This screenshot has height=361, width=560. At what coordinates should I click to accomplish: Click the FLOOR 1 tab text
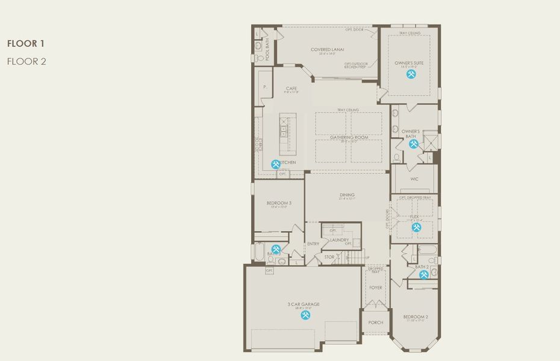point(25,43)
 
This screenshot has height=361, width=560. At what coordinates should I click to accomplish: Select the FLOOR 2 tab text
point(26,61)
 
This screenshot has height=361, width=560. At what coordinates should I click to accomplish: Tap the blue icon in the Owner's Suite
point(411,74)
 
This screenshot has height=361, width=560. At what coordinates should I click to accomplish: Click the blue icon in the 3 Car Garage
point(306,315)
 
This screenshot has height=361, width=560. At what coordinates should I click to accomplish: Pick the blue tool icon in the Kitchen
point(276,164)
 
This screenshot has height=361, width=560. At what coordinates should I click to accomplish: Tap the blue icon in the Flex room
point(416,227)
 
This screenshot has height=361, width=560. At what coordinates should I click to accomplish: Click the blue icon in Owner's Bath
point(413,144)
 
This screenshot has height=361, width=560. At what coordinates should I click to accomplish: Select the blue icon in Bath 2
point(424,274)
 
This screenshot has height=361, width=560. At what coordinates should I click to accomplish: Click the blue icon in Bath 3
point(276,249)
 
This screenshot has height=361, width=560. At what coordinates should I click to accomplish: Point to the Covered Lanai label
point(327,49)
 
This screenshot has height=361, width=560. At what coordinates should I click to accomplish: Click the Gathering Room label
point(349,137)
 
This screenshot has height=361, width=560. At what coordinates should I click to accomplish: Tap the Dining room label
point(347,194)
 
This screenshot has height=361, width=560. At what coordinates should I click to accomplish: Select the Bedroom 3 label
point(279,203)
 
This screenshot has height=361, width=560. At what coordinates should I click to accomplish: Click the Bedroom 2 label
point(415,316)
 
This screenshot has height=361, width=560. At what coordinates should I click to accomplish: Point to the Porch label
point(376,322)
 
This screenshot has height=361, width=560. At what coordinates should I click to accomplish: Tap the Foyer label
point(376,288)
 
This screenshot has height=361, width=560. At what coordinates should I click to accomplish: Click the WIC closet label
point(414,179)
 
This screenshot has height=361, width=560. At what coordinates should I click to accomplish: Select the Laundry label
point(339,240)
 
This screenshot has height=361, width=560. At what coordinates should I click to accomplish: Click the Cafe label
point(291,88)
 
